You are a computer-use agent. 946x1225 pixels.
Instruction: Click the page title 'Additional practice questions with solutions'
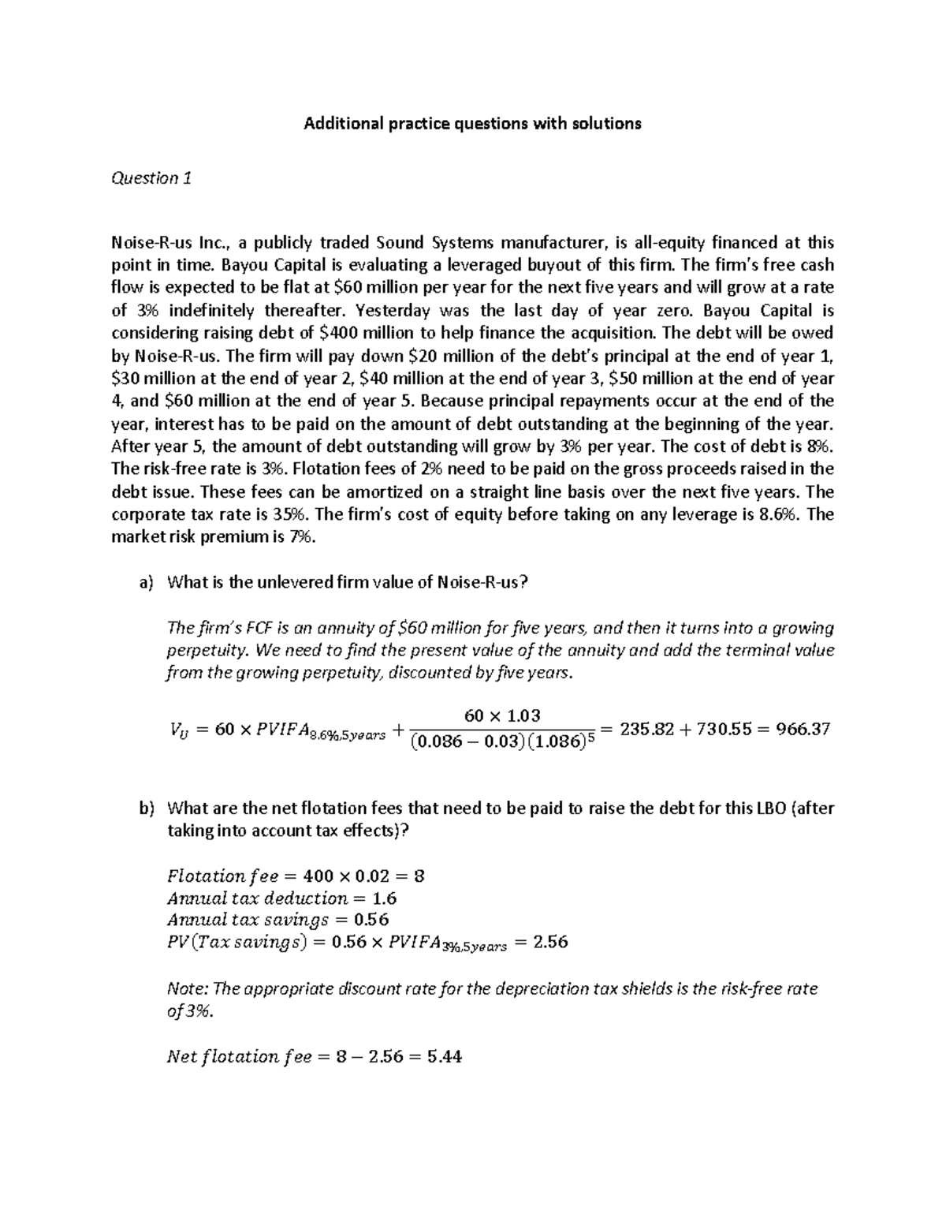tap(473, 124)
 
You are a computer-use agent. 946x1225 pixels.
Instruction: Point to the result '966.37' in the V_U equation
tap(803, 729)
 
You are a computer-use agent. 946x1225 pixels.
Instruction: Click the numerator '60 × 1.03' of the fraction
tap(502, 715)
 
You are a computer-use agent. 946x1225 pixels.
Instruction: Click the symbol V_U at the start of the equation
tap(179, 730)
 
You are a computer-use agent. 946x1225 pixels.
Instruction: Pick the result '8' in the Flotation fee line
tap(419, 876)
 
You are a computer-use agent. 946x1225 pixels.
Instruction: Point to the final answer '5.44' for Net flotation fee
tap(444, 1056)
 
